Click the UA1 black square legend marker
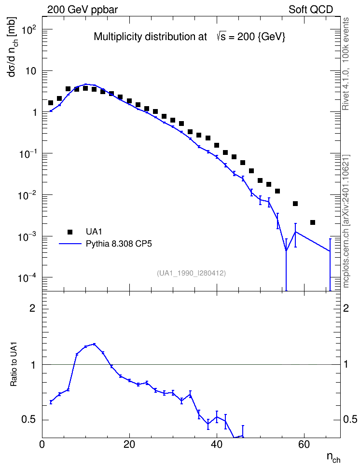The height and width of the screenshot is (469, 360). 70,232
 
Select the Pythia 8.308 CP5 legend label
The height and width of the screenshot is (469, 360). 119,244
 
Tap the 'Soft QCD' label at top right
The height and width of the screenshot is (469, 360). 311,10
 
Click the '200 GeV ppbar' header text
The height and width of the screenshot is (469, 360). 83,10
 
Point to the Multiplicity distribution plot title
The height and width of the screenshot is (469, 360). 190,37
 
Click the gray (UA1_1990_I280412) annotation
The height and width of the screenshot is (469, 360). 191,273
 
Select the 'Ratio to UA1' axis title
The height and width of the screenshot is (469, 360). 14,365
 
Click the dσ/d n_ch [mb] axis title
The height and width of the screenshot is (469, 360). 13,47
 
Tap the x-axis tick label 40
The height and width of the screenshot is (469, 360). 217,444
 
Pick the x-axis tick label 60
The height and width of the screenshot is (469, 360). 304,444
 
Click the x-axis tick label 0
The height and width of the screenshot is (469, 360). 42,444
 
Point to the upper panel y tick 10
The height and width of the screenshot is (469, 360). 31,71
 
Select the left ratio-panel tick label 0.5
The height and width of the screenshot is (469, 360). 28,420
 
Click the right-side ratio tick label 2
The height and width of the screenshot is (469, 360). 346,308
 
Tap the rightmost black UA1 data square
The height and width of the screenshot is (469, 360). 313,222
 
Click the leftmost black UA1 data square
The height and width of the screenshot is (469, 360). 51,103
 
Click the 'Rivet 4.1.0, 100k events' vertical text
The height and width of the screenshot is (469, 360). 346,64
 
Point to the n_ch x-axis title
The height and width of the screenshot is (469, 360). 333,457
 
